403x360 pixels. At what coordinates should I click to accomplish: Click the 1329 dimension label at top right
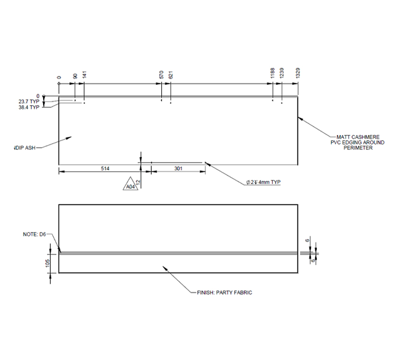pos(298,73)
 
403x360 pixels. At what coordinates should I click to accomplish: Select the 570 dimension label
pos(161,74)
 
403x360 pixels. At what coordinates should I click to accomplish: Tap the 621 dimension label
pos(171,74)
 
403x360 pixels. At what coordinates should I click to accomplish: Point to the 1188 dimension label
pos(273,73)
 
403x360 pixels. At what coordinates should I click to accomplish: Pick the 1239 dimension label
pos(282,73)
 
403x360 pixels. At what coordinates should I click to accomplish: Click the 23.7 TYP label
pos(29,102)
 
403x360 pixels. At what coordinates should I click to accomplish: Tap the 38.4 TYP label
pos(29,108)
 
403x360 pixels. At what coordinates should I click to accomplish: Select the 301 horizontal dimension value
pos(178,169)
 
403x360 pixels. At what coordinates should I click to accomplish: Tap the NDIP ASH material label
pos(24,148)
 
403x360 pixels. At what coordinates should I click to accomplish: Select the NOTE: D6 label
pos(34,235)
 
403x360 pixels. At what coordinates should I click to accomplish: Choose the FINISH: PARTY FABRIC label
pos(225,292)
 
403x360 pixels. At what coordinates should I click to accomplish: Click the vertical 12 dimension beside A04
pos(138,183)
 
